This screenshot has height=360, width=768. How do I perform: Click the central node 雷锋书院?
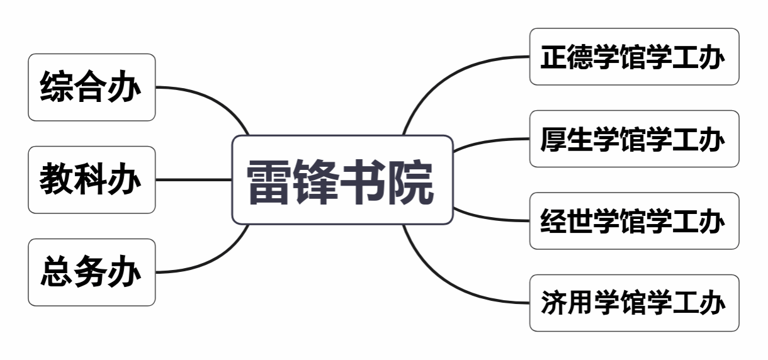click(x=342, y=180)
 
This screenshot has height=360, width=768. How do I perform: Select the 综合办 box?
click(x=91, y=87)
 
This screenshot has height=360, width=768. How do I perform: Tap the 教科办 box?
click(x=91, y=180)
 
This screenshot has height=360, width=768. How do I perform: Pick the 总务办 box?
click(x=91, y=273)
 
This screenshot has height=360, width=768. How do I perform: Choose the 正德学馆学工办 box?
click(x=634, y=57)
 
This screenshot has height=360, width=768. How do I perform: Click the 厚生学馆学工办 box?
click(x=634, y=139)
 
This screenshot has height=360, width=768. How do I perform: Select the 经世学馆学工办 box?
click(x=634, y=221)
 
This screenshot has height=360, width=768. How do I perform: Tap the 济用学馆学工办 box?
click(x=634, y=303)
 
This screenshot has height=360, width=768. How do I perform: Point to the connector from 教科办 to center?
click(x=193, y=180)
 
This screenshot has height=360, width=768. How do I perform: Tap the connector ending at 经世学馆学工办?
click(x=491, y=218)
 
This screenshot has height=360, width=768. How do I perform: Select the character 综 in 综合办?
click(x=57, y=87)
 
